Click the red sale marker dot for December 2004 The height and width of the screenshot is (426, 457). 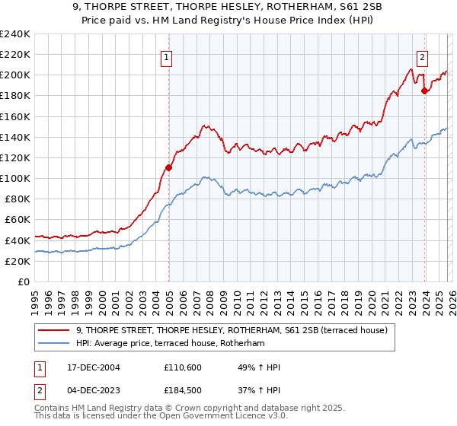click(x=168, y=167)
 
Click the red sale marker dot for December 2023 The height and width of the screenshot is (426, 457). click(x=424, y=91)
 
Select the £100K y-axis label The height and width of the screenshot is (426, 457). click(x=15, y=178)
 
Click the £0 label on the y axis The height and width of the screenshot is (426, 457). click(x=23, y=281)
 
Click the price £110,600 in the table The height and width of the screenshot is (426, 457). click(x=182, y=367)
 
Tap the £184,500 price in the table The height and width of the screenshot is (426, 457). click(x=182, y=392)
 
